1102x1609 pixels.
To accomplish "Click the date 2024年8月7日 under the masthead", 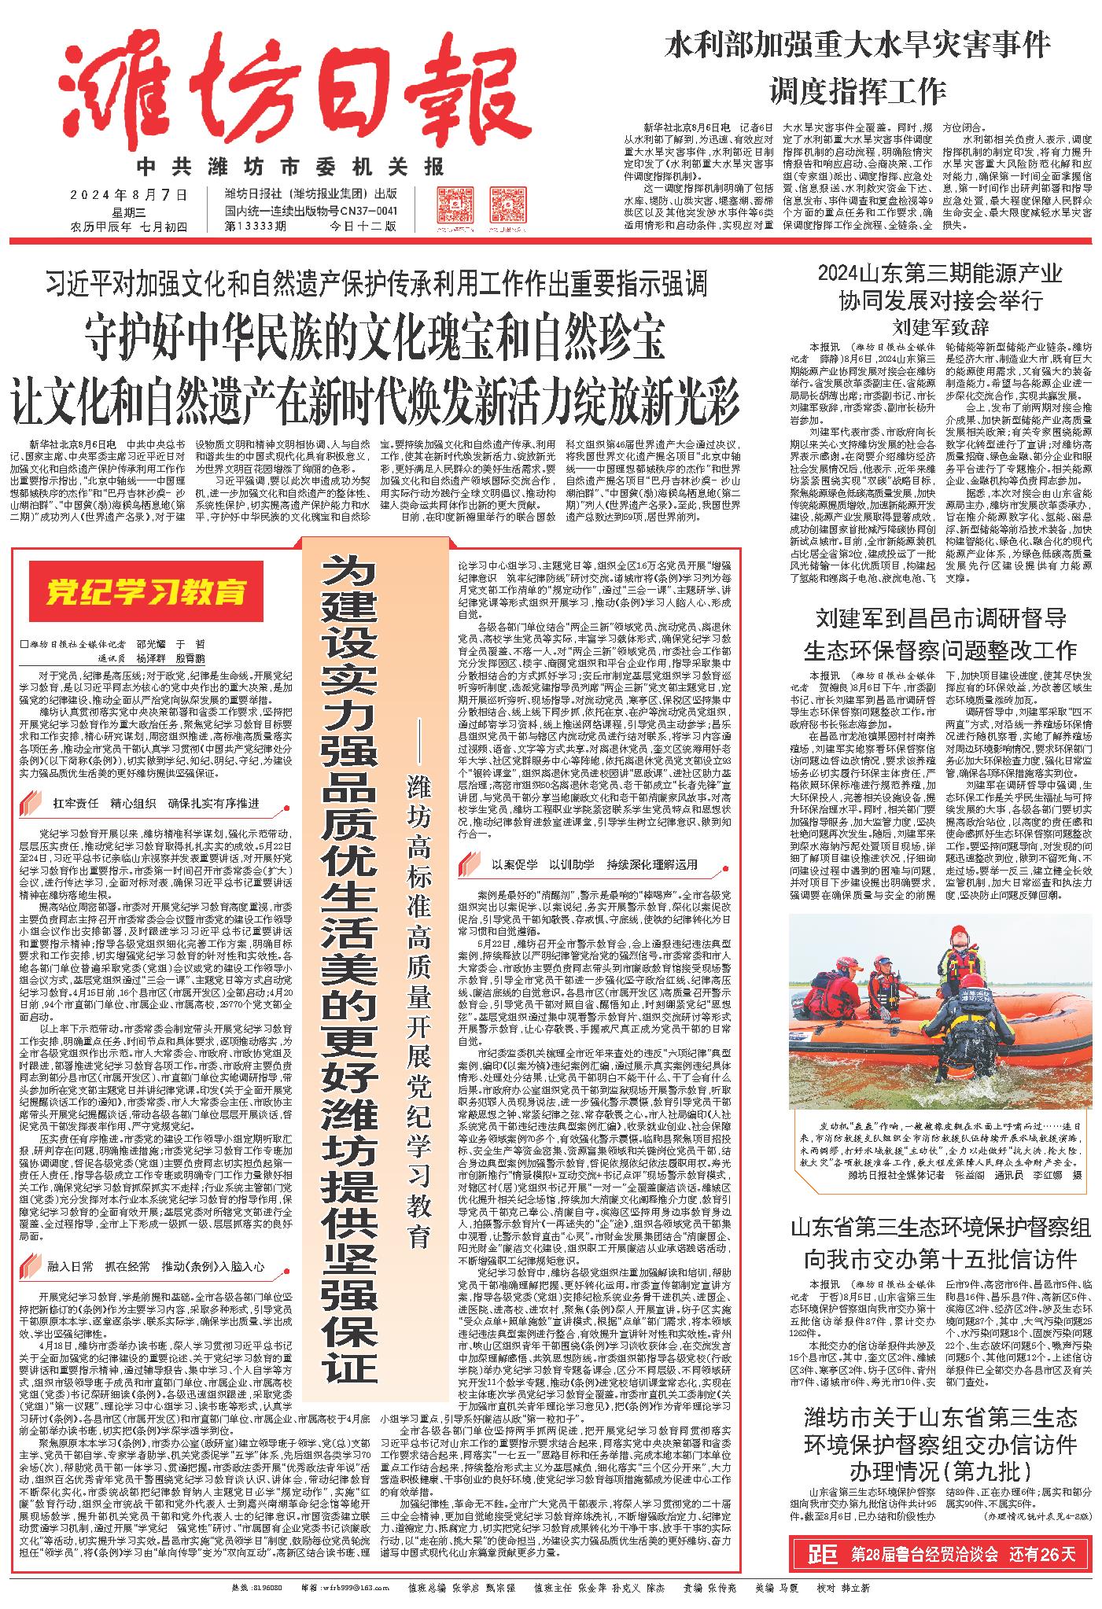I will [x=130, y=194].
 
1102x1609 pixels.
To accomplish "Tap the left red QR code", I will [x=455, y=207].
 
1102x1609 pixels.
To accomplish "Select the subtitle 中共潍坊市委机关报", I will [x=290, y=167].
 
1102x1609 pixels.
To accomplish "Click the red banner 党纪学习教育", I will [x=145, y=589].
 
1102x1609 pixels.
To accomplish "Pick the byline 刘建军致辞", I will [x=941, y=326].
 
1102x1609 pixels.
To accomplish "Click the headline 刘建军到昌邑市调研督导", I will [x=940, y=618].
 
